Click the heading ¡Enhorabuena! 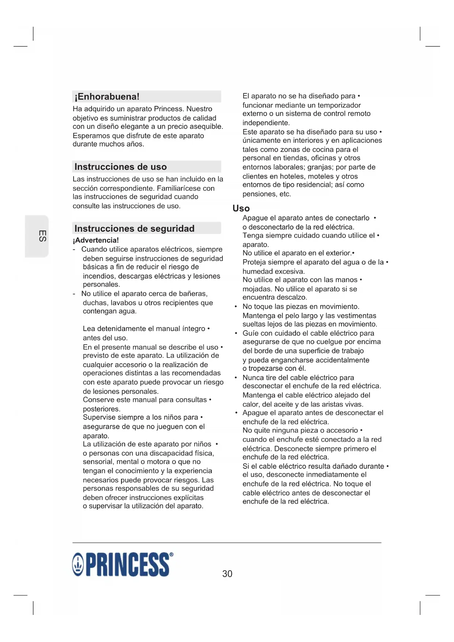tap(107, 97)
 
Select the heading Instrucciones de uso tap(120, 167)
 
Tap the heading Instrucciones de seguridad tap(134, 229)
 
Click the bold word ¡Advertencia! tap(95, 240)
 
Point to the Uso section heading tap(241, 208)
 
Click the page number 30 tap(227, 574)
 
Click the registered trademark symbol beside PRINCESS tap(172, 555)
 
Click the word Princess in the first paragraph tap(168, 109)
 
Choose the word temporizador tap(339, 105)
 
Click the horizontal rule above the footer tap(227, 542)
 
